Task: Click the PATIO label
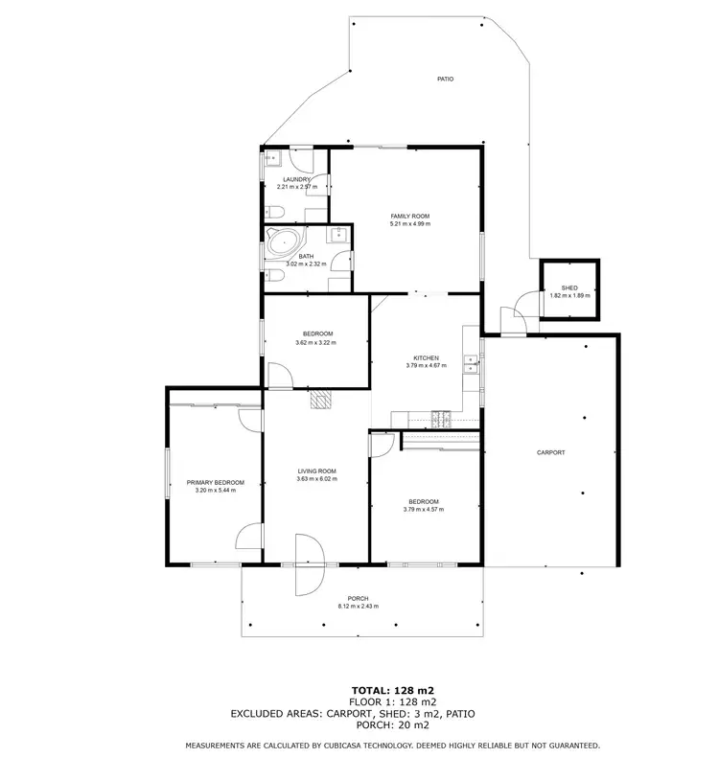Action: [x=444, y=79]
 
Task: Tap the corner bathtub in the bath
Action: [x=285, y=242]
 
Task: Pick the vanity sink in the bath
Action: [x=339, y=235]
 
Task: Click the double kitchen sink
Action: [x=470, y=363]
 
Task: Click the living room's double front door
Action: [x=310, y=563]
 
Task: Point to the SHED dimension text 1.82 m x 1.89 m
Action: [x=569, y=295]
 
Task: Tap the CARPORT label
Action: [x=550, y=452]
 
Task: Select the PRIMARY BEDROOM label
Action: [x=215, y=482]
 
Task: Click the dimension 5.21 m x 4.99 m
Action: [x=409, y=224]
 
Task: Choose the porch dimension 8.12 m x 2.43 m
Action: [x=358, y=607]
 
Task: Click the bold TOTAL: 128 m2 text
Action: [x=392, y=689]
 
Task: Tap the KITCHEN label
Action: [x=426, y=357]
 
